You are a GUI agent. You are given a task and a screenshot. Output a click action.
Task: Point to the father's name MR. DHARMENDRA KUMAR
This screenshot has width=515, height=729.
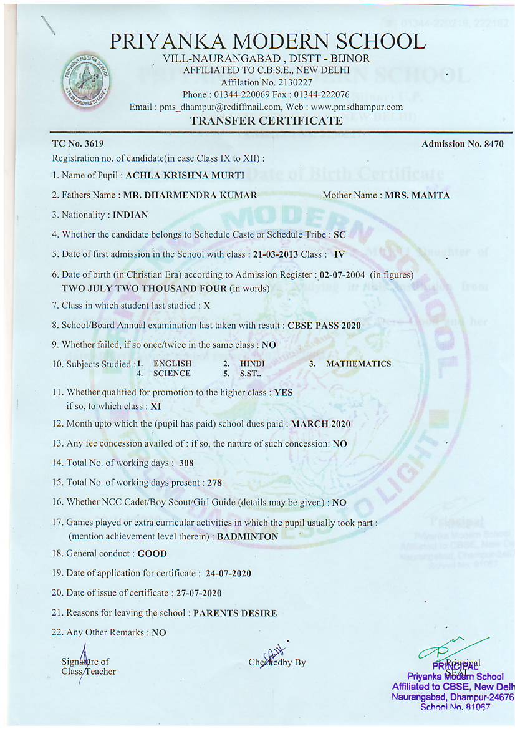[x=190, y=195]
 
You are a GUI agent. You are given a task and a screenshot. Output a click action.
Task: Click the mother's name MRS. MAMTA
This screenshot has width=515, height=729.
[x=417, y=195]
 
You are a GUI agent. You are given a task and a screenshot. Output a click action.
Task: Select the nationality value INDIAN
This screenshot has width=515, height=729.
[x=130, y=215]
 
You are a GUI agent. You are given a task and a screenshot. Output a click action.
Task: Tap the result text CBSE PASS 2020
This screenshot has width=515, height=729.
[x=324, y=326]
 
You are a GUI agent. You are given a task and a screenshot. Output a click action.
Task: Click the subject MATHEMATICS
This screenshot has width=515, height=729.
[x=359, y=364]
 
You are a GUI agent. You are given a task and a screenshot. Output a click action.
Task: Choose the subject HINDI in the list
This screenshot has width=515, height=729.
[x=253, y=364]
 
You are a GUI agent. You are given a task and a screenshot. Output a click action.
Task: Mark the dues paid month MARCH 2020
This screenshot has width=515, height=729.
[x=320, y=424]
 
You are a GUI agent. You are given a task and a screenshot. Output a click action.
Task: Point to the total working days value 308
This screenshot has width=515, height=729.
[x=186, y=463]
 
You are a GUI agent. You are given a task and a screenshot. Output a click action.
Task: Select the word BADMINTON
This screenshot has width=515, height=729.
[x=248, y=536]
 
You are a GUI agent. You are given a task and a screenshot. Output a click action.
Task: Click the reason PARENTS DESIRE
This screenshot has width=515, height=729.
[x=235, y=613]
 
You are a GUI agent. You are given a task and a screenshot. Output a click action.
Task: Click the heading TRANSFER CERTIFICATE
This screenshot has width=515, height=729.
[x=266, y=121]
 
